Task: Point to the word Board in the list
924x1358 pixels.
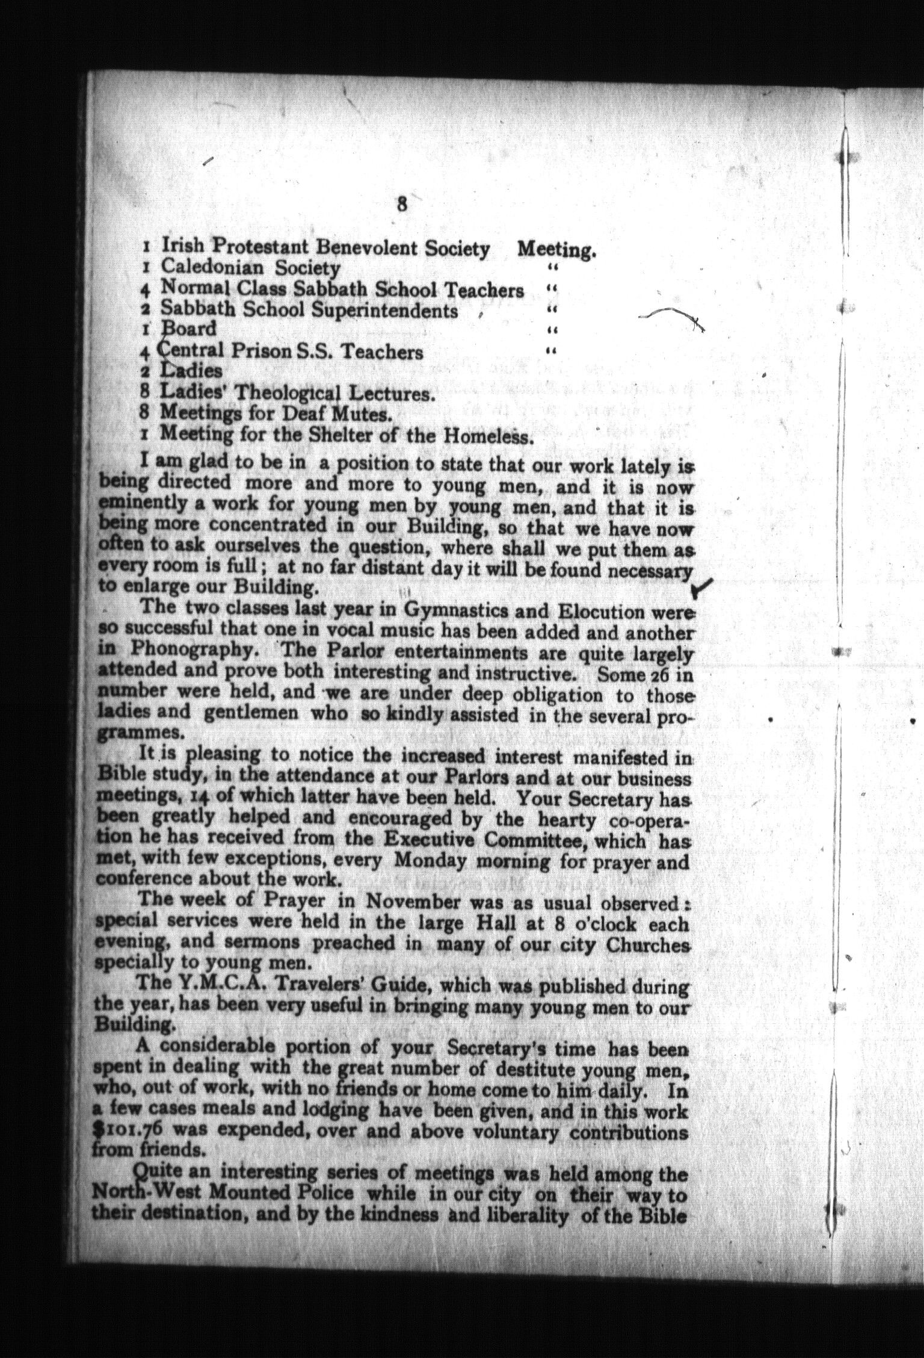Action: pos(188,329)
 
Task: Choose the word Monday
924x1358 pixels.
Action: pos(430,861)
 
